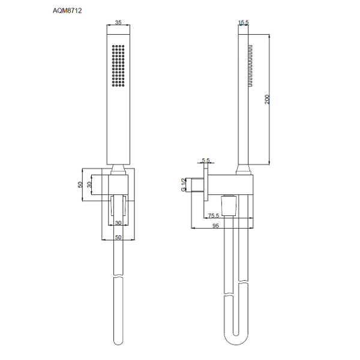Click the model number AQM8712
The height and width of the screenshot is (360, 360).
[67, 11]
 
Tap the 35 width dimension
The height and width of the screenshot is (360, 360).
[118, 22]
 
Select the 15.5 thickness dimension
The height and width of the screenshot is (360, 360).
[244, 22]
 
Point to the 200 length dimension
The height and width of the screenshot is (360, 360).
[267, 99]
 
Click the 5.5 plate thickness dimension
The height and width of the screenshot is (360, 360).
[206, 160]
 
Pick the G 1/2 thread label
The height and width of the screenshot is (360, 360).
[184, 185]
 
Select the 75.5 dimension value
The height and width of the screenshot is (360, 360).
[214, 215]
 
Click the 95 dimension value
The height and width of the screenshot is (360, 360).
[215, 226]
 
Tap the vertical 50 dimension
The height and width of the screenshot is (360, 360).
[80, 185]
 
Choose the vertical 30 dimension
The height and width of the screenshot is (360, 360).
[89, 185]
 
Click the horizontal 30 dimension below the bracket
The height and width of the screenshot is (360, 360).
[118, 223]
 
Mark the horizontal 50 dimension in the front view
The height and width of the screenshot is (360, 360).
[118, 237]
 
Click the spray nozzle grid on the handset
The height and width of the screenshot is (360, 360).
[118, 65]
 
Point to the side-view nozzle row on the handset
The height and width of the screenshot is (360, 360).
[250, 65]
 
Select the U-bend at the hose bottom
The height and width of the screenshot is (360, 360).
[236, 337]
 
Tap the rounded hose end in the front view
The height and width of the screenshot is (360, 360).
[118, 341]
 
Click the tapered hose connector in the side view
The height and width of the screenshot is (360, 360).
[228, 205]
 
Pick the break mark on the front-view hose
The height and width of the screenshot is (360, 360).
[118, 276]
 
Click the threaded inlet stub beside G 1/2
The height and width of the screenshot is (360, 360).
[197, 185]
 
